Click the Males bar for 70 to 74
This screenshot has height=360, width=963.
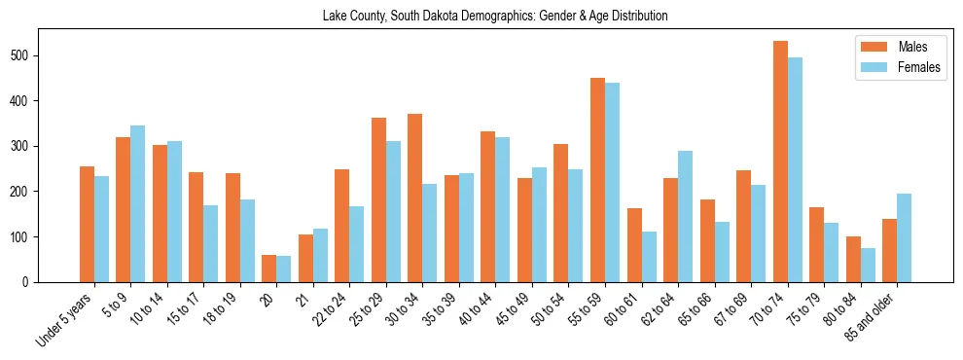(x=780, y=162)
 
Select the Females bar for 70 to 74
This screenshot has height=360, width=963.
(x=795, y=169)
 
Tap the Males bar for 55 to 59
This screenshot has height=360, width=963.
(x=597, y=180)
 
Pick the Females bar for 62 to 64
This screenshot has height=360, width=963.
(x=685, y=216)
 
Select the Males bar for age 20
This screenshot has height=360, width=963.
(x=269, y=269)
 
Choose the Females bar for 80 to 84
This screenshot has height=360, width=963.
(x=868, y=265)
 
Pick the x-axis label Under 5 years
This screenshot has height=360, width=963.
(x=65, y=317)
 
